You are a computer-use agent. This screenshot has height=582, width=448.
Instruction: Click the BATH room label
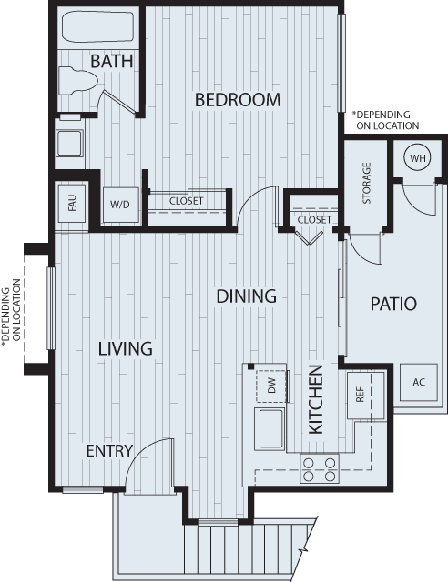click(112, 61)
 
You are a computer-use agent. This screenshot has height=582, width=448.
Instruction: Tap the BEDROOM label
click(238, 99)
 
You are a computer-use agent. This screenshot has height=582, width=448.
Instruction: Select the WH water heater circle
click(417, 159)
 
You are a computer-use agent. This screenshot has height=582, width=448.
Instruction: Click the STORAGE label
click(366, 183)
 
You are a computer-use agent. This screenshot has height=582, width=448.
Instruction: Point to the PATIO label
click(393, 303)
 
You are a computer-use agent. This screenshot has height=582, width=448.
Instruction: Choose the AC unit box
click(419, 382)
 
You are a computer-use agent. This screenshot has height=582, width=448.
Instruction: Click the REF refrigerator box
click(360, 395)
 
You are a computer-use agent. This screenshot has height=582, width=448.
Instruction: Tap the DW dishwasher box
click(271, 386)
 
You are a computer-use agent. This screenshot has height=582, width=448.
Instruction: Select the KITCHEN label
click(316, 399)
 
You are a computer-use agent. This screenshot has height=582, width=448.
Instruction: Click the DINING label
click(246, 296)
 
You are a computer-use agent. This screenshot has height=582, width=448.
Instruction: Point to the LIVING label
click(126, 348)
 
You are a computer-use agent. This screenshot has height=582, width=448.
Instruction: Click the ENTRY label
click(109, 451)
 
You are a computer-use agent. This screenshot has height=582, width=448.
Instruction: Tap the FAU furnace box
click(72, 203)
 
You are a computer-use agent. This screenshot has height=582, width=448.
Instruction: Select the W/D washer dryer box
click(120, 205)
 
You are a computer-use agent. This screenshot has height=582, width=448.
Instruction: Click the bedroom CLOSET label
click(185, 201)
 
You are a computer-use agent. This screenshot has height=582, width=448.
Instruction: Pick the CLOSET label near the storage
click(314, 219)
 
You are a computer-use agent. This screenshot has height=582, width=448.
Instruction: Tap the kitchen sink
click(271, 428)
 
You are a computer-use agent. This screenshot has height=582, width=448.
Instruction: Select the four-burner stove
click(320, 469)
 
